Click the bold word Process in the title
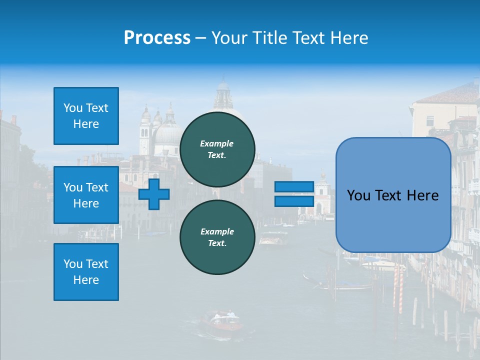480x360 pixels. pos(157,38)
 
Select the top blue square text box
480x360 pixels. pos(86,116)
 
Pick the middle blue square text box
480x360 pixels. pos(86,195)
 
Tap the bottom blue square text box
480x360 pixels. pos(86,272)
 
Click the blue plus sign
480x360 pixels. pos(154,194)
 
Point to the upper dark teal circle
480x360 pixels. pos(217,149)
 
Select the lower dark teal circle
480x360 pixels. pos(217,237)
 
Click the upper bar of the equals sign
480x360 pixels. pos(294,187)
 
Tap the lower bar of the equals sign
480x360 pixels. pos(294,201)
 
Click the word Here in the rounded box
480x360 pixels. pos(422,195)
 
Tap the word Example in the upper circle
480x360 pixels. pos(217,143)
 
